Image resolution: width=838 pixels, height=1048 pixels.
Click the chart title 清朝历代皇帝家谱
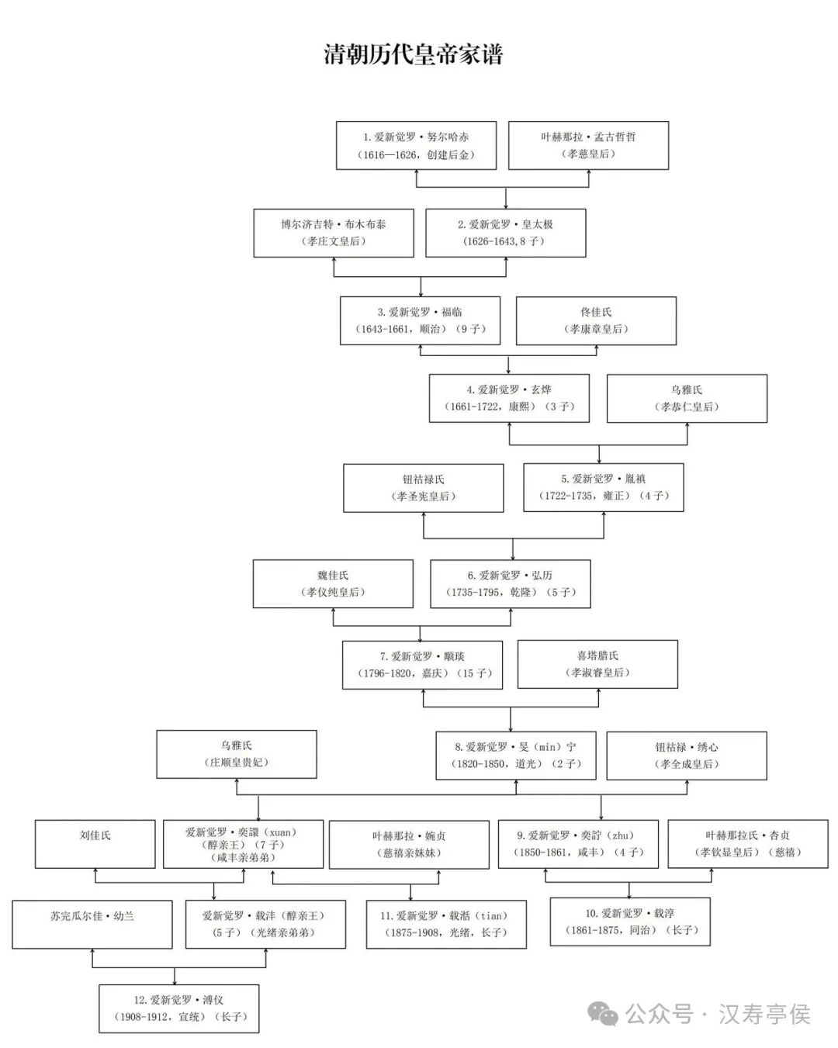pos(414,54)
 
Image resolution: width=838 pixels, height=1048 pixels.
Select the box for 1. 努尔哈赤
pos(416,145)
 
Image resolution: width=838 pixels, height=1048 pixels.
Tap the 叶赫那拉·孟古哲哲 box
pos(588,145)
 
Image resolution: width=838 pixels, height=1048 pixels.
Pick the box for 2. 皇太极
pos(505,233)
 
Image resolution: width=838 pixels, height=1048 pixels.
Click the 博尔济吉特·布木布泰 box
pos(334,233)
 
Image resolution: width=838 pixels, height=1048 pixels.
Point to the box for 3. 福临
pos(420,320)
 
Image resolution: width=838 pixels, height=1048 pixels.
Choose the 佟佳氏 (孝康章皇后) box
pos(596,320)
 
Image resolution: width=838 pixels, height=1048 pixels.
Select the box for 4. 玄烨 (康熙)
pos(509,398)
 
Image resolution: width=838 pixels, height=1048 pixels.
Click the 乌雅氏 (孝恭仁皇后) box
pos(687,398)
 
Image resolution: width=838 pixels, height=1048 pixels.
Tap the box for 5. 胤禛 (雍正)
pos(604,487)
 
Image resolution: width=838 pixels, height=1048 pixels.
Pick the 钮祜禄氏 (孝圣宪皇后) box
pos(424,488)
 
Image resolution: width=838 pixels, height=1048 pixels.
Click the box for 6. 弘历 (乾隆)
pos(511,583)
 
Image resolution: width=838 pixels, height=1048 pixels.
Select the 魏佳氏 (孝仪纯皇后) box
pos(333,583)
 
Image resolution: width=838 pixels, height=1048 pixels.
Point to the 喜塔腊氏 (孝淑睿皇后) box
pos(597,664)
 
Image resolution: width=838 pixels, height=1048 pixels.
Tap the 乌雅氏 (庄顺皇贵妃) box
pos(237,754)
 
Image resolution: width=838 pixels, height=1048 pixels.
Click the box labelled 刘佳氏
pos(95,843)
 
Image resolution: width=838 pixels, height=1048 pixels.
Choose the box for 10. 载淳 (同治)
pos(630,922)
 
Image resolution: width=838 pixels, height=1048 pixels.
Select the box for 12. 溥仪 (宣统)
pos(179,1008)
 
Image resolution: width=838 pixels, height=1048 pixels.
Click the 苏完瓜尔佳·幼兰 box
pos(92,925)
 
